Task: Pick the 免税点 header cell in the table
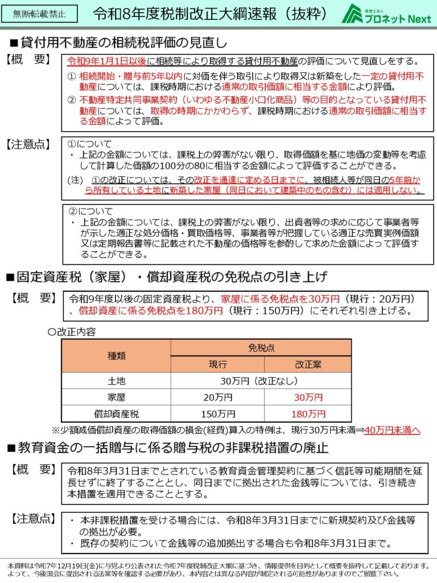(261, 347)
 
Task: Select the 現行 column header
(217, 364)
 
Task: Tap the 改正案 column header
(307, 364)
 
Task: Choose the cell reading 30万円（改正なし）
(261, 381)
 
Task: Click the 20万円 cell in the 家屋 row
(217, 397)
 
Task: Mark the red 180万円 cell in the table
(307, 413)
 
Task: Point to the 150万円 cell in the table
(217, 413)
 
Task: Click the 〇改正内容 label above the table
(73, 331)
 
